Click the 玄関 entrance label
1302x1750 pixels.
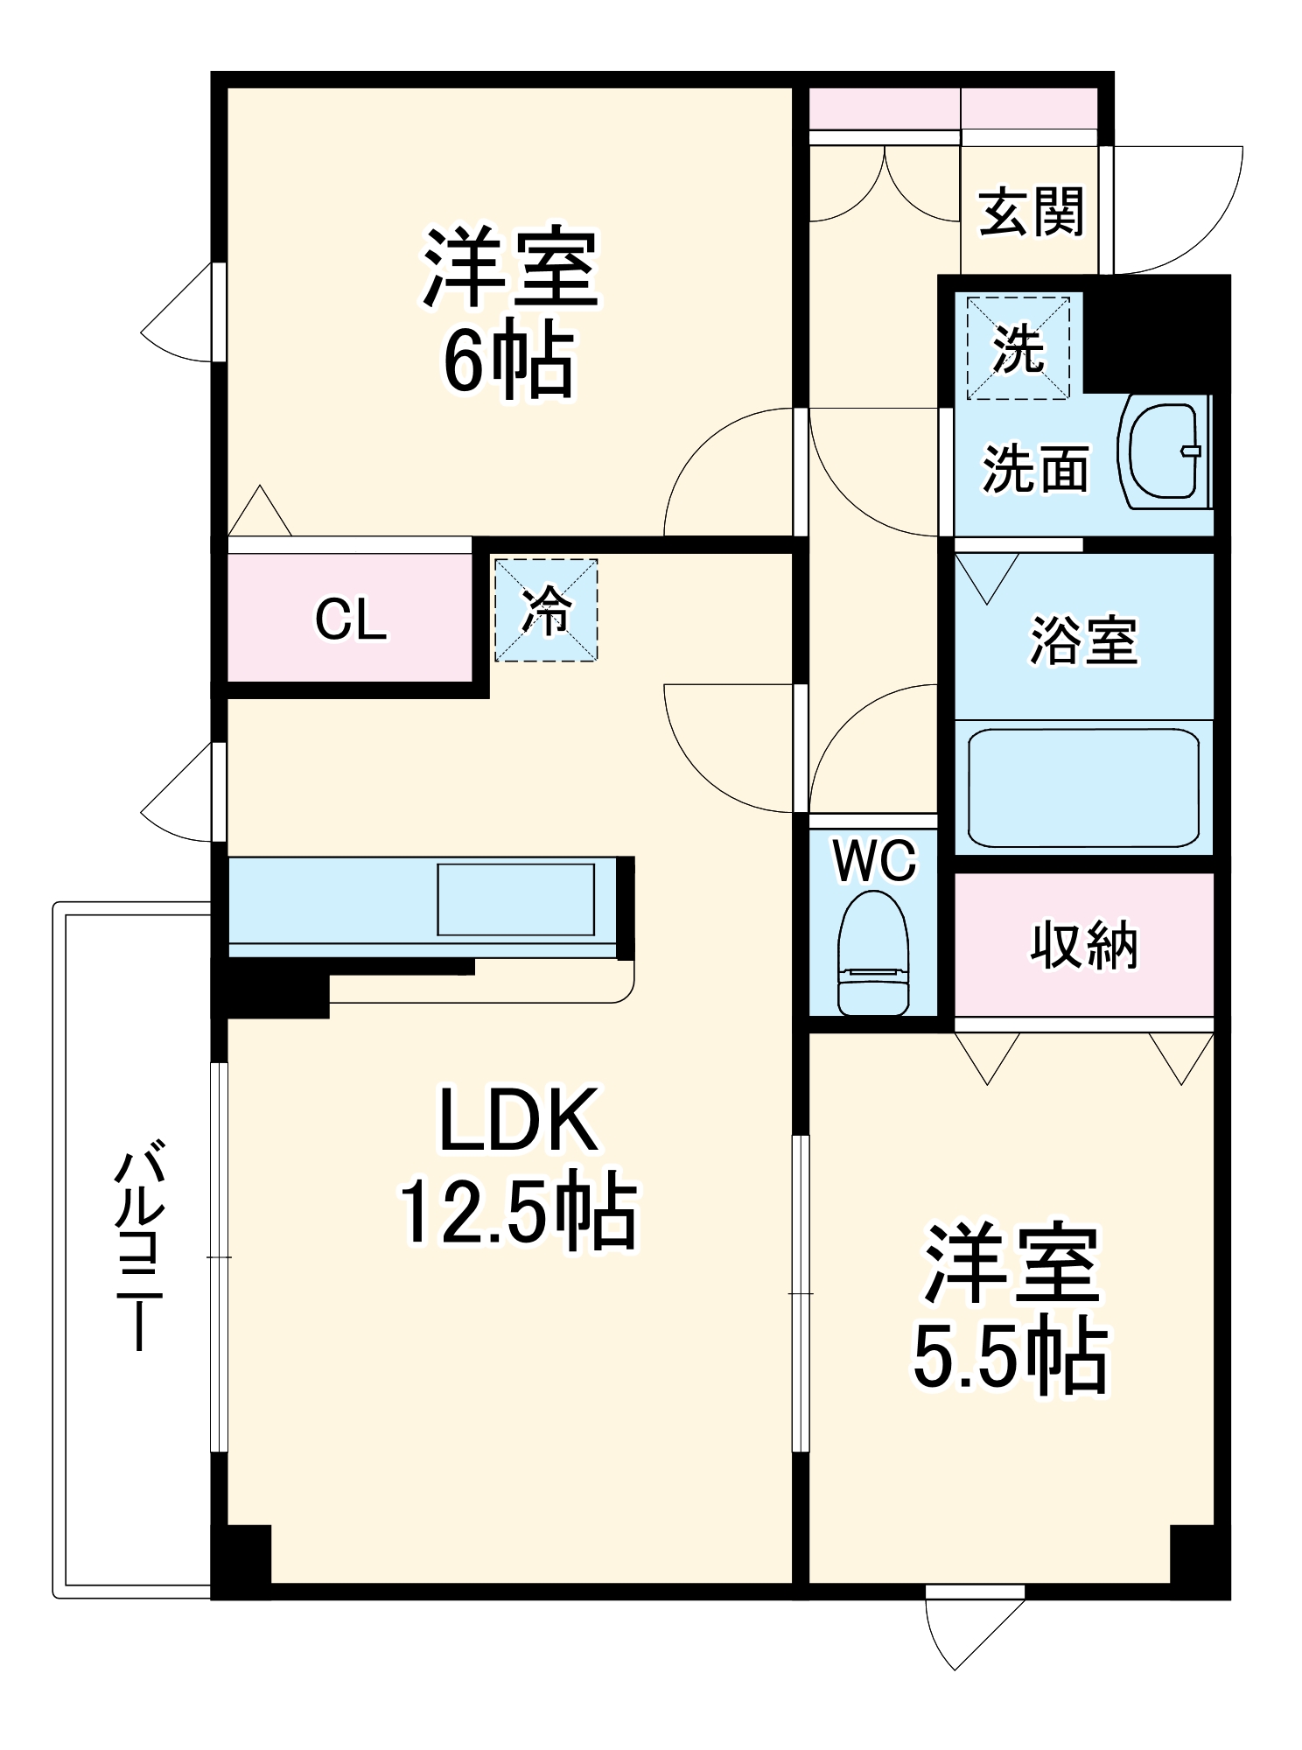1031,212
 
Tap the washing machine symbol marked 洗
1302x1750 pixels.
1018,348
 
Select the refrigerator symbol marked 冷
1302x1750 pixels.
546,610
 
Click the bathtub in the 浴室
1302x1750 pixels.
1083,787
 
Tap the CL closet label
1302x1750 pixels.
350,619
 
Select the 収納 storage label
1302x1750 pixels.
1083,945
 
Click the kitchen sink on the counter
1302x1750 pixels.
516,899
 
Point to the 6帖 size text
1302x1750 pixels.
507,361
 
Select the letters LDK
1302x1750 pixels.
518,1120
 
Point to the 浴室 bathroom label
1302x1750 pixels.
1083,640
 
